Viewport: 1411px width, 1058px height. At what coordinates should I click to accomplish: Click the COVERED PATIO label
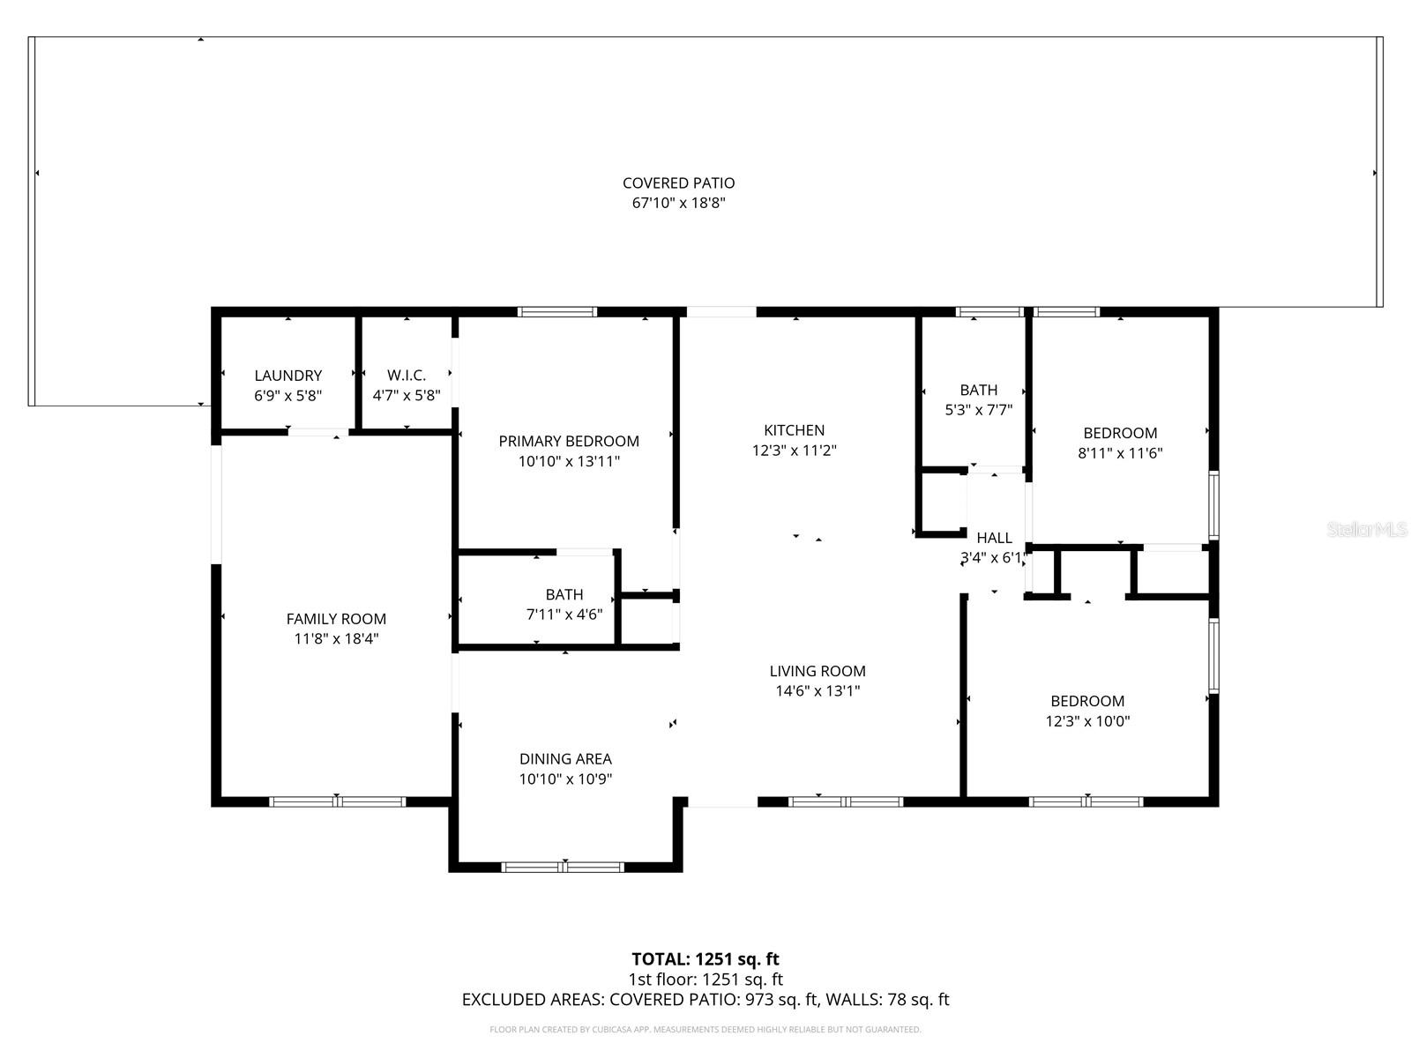coord(678,183)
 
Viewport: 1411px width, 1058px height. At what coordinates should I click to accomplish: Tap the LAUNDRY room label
coord(287,376)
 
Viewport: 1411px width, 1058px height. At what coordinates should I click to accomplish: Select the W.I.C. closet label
coord(406,376)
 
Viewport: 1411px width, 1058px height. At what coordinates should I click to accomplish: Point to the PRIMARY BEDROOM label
coord(569,441)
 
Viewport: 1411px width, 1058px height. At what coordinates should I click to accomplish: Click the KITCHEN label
coord(794,430)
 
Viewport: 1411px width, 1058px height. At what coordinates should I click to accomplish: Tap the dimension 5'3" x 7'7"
coord(978,410)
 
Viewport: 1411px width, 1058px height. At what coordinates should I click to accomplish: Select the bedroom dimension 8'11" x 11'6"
coord(1120,453)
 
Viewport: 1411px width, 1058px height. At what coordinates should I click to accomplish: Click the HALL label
coord(994,538)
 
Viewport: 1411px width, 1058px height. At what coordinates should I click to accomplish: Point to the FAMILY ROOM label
coord(336,619)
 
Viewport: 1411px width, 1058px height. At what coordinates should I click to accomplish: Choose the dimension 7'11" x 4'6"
coord(564,615)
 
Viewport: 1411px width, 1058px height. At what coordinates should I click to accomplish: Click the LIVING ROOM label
coord(817,671)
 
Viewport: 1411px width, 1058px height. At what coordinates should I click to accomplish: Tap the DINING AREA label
coord(565,758)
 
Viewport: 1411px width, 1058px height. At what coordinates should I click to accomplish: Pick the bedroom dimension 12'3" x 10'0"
coord(1087,721)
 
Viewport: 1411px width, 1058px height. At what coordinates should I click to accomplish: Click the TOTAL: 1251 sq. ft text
coord(705,958)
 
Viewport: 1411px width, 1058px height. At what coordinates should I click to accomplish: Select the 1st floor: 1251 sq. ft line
coord(705,980)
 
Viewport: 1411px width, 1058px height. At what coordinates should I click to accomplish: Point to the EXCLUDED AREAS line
coord(705,1000)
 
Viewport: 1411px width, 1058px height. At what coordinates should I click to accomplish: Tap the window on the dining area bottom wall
coord(563,867)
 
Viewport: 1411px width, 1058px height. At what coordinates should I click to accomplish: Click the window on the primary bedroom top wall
coord(556,311)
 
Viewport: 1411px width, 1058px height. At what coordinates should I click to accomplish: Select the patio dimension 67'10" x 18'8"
coord(678,203)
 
